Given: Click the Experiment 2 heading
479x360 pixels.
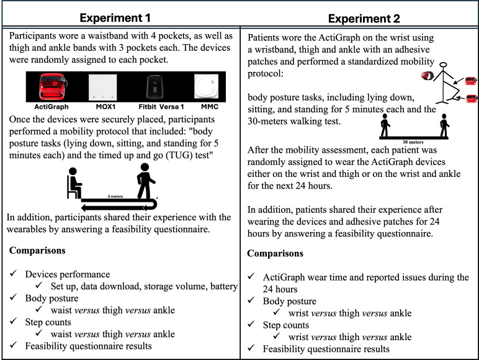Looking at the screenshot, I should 360,17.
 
